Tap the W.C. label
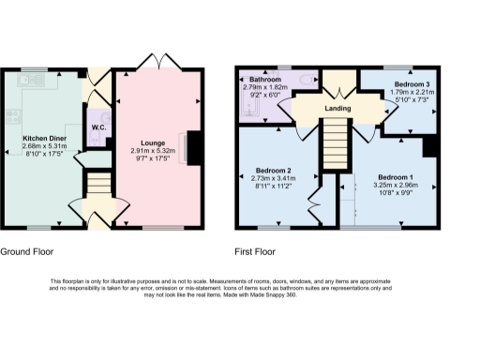coord(98,127)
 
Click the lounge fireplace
coord(193,148)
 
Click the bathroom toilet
coord(307,82)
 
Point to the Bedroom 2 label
coord(275,170)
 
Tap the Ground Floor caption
coord(26,252)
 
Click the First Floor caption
coord(257,252)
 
